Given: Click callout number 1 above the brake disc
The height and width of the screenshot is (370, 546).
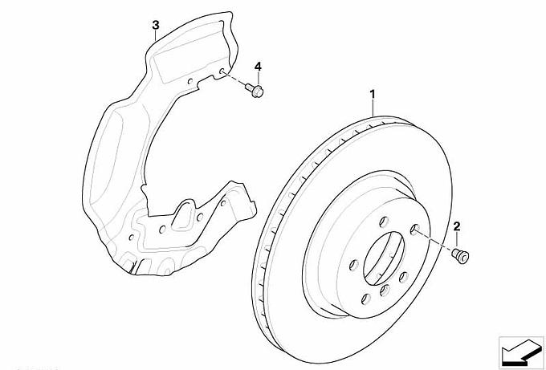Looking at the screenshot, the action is tap(373, 95).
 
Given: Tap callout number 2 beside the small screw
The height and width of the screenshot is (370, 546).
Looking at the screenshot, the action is tap(457, 226).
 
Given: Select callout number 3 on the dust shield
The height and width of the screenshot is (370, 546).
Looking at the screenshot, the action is tap(156, 25).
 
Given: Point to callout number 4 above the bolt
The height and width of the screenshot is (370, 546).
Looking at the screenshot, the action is tap(258, 67).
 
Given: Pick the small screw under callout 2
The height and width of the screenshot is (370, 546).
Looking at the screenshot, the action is tap(460, 255).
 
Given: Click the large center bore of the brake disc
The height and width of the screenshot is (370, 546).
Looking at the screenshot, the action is tap(384, 258).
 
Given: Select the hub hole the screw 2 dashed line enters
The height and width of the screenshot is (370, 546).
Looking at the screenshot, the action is tap(414, 229).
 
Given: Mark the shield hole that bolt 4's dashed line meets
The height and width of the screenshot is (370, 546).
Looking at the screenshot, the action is tap(222, 71).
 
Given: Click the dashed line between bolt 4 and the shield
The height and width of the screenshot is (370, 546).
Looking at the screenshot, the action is tap(235, 79).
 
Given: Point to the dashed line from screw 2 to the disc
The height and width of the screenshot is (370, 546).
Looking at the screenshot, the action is tap(434, 240).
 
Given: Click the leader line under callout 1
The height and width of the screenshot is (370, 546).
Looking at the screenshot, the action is tap(373, 108).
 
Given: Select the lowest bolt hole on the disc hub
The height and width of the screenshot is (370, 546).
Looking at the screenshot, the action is tap(366, 299).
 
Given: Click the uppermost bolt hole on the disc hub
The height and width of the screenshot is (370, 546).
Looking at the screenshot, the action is tap(384, 222).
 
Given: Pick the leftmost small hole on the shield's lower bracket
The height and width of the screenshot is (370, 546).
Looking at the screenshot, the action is tap(131, 238).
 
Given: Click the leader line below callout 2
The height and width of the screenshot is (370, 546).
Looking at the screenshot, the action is tap(457, 240).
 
